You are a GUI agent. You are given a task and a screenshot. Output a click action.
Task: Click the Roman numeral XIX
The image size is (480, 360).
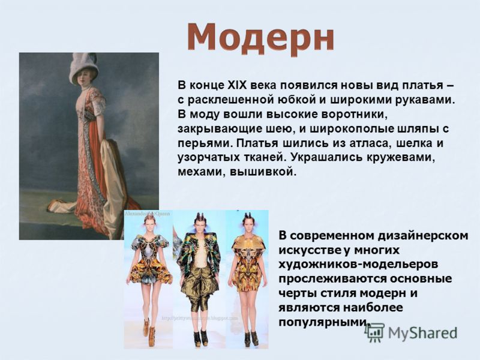tap(237, 85)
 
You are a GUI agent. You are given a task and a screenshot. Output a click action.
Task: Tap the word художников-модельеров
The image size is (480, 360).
tap(358, 264)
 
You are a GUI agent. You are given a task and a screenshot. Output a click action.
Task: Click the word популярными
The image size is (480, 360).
tap(322, 322)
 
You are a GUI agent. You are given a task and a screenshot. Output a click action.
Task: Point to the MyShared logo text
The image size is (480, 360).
tap(422, 333)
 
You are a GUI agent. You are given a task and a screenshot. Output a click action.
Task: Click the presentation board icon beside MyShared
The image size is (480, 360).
tap(375, 332)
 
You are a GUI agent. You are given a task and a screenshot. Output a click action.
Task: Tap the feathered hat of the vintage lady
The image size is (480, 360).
tap(84, 68)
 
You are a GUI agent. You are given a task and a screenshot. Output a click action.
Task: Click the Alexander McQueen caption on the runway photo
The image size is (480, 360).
tap(147, 214)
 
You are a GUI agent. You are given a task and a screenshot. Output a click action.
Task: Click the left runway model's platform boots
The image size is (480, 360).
tap(149, 333)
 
